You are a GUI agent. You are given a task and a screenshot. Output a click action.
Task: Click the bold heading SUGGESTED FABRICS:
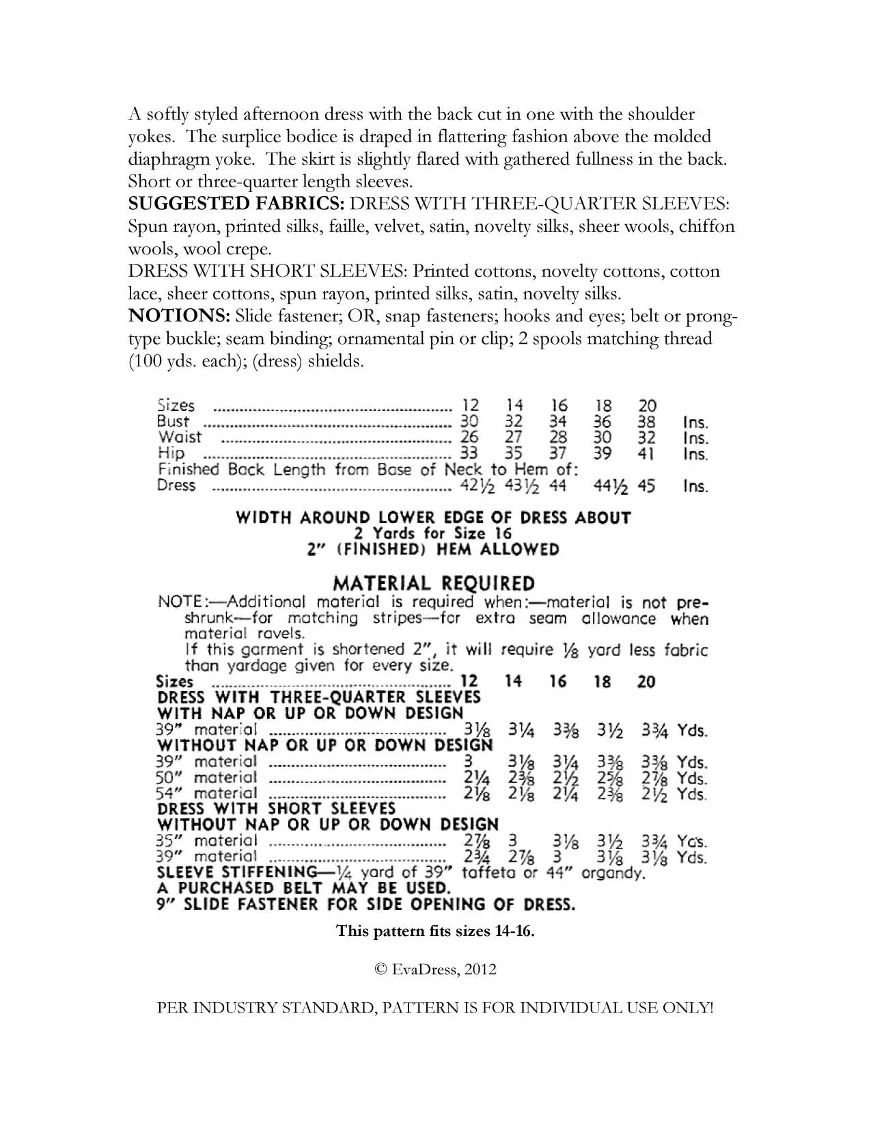tap(238, 204)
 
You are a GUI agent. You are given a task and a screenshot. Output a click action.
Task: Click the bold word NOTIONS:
tap(179, 317)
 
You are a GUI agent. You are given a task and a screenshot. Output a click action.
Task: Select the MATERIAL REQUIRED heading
tap(433, 583)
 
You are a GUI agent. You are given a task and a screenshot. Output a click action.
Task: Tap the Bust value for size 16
tap(557, 422)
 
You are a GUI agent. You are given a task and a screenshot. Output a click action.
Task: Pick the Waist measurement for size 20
tap(646, 438)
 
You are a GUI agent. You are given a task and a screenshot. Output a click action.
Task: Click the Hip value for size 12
tap(469, 453)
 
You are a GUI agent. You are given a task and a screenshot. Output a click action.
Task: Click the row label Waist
tap(180, 438)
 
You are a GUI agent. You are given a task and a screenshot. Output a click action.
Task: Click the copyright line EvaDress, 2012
tap(435, 969)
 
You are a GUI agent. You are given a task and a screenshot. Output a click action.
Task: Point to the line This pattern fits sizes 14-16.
tap(435, 930)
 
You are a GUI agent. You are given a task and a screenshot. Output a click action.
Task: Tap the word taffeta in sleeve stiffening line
tap(487, 873)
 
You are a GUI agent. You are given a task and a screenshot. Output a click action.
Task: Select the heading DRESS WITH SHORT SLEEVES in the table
tap(277, 809)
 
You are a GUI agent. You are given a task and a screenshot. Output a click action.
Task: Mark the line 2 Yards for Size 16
tap(433, 533)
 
